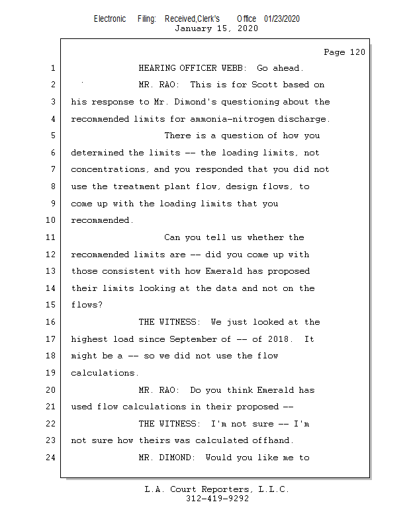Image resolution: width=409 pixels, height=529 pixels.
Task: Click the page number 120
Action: [357, 52]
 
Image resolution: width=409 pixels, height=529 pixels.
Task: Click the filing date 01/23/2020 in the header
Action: [282, 19]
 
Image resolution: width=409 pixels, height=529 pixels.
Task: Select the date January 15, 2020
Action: [216, 28]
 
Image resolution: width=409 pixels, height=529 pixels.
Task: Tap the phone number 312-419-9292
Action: [217, 499]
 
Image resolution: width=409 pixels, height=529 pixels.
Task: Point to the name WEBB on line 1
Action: [234, 68]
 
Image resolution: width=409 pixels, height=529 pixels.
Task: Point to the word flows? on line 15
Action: [87, 305]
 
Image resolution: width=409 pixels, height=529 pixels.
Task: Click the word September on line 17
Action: [193, 339]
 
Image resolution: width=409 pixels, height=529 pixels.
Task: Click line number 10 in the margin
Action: [51, 220]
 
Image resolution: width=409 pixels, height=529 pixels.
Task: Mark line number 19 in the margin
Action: [51, 372]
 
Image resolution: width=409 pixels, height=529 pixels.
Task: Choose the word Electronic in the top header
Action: [110, 19]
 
